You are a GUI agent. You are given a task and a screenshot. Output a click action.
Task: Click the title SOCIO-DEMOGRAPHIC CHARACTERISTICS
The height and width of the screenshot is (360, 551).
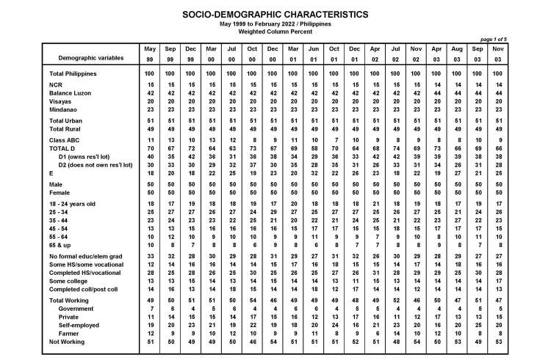(x=275, y=14)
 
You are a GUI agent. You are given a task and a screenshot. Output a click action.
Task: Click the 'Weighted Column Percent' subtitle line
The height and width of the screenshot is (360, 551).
(x=275, y=32)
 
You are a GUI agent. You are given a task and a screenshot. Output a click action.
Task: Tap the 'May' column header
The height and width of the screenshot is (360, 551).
(x=150, y=48)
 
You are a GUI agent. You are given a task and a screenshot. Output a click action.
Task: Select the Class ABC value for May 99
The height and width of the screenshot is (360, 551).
(x=150, y=139)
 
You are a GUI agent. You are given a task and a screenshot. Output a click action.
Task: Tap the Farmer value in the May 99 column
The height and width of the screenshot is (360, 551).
(x=150, y=333)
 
